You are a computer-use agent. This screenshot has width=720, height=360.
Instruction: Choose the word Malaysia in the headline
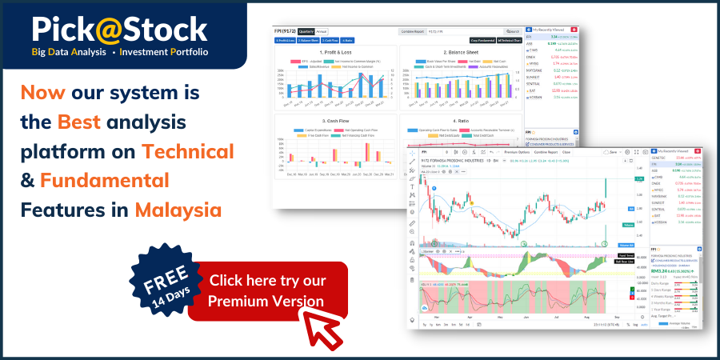(x=178, y=210)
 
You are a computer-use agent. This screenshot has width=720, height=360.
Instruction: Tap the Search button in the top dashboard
(x=513, y=31)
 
